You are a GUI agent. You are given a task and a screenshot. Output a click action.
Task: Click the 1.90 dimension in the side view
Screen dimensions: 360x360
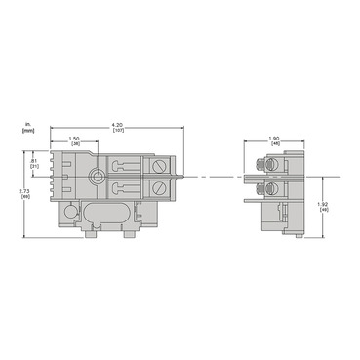click(275, 139)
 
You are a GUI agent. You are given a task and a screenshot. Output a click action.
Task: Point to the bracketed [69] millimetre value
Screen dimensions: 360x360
click(24, 196)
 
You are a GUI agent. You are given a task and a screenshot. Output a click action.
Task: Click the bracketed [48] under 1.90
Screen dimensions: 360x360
click(275, 145)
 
